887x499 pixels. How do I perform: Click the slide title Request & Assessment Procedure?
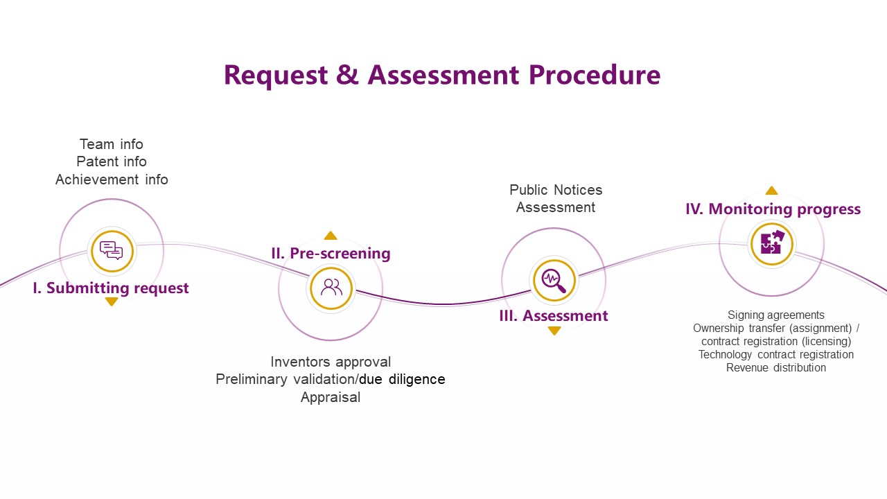(442, 75)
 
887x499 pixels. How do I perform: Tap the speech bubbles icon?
(112, 250)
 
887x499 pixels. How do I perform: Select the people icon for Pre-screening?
(331, 288)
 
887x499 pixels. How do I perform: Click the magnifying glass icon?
(554, 280)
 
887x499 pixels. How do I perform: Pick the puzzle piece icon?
(771, 243)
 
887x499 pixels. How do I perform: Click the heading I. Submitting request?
(111, 288)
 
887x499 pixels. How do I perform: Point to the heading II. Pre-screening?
(331, 254)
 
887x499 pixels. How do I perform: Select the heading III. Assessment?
(554, 316)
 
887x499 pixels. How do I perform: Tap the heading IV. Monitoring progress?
(773, 209)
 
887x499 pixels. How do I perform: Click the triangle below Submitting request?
(112, 301)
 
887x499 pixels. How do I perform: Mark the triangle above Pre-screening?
(331, 236)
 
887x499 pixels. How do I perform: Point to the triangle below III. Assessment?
(554, 331)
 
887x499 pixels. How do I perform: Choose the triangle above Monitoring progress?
(771, 191)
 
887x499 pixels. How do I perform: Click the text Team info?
(112, 144)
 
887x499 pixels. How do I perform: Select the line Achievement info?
(112, 180)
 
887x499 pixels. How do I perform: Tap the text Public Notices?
(556, 190)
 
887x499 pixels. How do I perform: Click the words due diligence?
(402, 380)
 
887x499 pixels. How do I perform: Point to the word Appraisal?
(331, 397)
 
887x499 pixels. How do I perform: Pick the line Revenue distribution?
(775, 368)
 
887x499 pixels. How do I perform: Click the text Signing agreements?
(775, 315)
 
